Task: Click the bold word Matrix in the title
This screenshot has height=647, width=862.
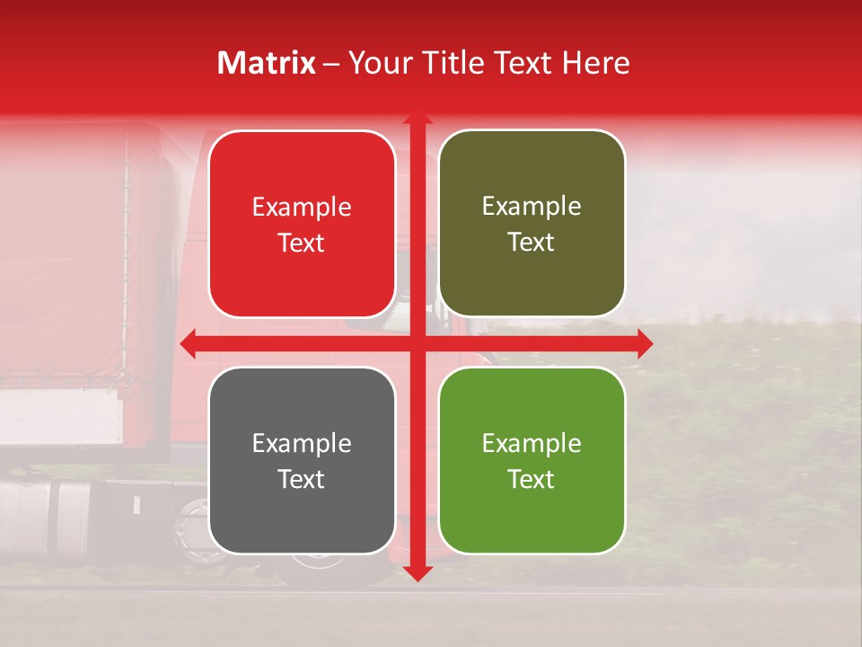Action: [267, 63]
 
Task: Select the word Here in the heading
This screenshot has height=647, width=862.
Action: [595, 63]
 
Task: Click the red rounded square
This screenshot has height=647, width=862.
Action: [302, 225]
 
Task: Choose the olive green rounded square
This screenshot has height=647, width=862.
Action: [532, 224]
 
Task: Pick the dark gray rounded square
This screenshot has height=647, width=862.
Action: [302, 460]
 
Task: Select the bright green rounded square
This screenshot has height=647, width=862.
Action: [532, 460]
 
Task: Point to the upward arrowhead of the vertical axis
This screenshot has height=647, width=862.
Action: [417, 118]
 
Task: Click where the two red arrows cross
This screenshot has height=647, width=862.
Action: [417, 343]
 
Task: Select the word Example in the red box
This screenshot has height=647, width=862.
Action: [302, 208]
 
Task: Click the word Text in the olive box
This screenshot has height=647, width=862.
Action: [532, 243]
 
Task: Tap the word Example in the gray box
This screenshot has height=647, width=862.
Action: [302, 443]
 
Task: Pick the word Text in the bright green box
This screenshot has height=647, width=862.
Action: [532, 479]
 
